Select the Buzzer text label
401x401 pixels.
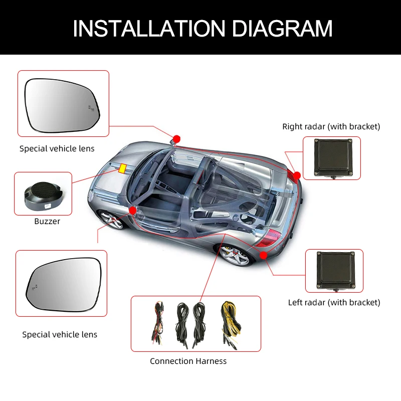point(47,221)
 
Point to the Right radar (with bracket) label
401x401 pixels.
point(331,126)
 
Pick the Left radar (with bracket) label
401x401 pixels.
point(334,302)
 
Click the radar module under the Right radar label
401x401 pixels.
point(331,157)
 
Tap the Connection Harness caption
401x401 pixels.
point(188,361)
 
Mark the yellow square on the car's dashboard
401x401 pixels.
point(122,168)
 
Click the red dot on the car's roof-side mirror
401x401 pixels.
point(176,138)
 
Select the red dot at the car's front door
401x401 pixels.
point(132,210)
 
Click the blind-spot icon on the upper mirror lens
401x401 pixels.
point(91,107)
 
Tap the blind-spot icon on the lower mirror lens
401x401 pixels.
point(35,287)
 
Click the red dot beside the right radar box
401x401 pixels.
point(297,175)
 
